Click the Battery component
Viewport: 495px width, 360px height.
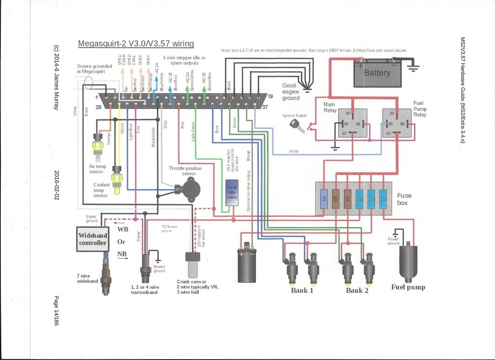click(x=376, y=73)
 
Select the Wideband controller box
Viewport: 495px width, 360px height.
click(x=93, y=239)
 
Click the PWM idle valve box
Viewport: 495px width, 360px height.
click(x=232, y=196)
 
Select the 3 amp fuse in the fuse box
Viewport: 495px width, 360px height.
click(x=324, y=198)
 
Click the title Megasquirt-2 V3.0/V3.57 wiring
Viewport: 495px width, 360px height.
click(x=136, y=44)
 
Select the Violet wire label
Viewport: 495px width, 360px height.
click(x=294, y=150)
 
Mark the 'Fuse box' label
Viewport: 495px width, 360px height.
click(x=404, y=199)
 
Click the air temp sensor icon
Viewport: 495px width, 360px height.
click(x=99, y=144)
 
